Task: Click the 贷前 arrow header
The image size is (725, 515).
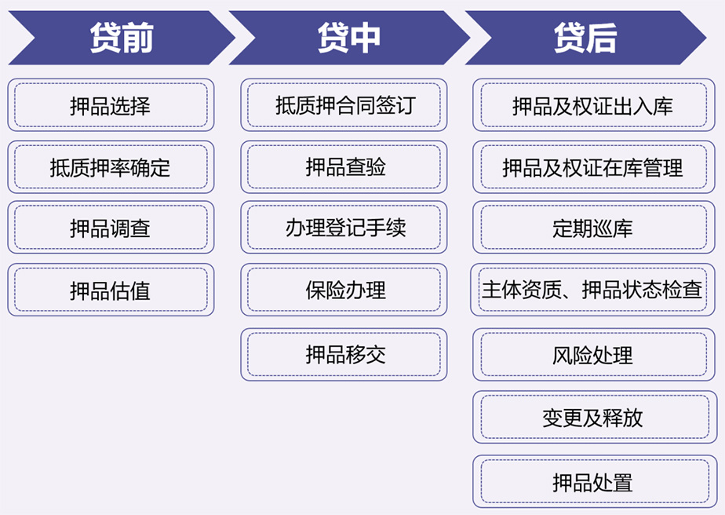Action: (121, 38)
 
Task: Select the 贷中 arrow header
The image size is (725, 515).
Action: (349, 38)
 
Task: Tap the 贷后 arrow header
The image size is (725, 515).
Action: (585, 38)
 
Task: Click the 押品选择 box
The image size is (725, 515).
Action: (111, 105)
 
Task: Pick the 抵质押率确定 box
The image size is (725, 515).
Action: (111, 167)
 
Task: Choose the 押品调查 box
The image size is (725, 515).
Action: (111, 227)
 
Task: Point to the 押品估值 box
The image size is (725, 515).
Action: (111, 290)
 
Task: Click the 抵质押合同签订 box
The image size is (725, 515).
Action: (344, 105)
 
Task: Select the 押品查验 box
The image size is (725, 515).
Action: (344, 167)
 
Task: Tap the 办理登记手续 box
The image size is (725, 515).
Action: (344, 227)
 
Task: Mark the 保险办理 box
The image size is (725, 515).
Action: (344, 290)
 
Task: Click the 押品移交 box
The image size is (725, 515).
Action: (344, 355)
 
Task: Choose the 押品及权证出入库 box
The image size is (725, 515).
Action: (594, 105)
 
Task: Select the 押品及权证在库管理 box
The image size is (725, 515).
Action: (594, 167)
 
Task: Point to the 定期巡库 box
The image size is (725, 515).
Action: (594, 227)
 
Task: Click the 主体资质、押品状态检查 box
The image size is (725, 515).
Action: (592, 290)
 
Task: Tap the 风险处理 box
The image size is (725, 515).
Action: (594, 355)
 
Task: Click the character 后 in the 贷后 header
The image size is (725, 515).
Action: (602, 38)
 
